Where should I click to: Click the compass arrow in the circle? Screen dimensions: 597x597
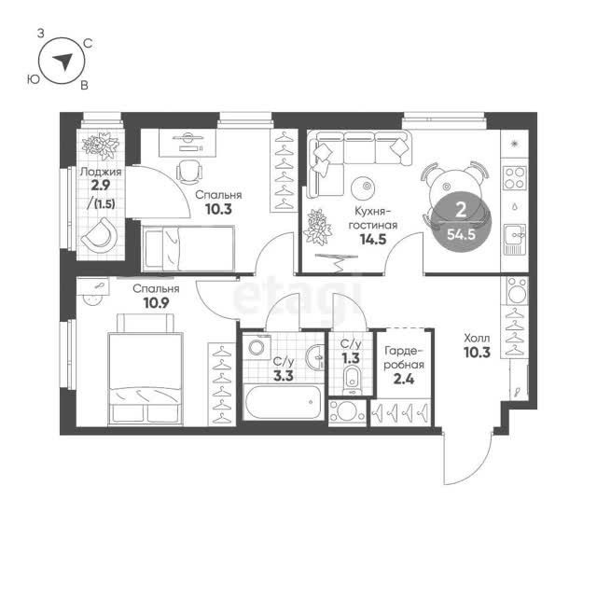tap(63, 62)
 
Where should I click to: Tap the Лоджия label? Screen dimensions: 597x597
tap(101, 172)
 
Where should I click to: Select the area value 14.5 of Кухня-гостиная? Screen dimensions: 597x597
tap(373, 239)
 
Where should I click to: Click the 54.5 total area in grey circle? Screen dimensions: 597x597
tap(461, 234)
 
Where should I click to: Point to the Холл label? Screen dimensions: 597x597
tap(477, 338)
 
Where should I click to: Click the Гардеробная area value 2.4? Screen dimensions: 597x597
tap(404, 379)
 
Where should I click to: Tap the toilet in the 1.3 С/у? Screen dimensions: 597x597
tap(351, 380)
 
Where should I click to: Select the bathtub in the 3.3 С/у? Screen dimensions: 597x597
tap(282, 402)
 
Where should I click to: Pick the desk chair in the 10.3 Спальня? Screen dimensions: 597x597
tap(189, 172)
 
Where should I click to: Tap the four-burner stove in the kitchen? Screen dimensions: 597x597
tap(514, 178)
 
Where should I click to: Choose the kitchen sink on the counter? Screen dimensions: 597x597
tap(514, 239)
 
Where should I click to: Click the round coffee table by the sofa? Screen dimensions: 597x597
tap(363, 187)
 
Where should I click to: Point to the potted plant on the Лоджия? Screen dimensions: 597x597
tap(101, 146)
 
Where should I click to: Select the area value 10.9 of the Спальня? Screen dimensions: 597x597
tap(156, 302)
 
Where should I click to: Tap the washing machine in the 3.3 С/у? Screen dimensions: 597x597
tap(257, 347)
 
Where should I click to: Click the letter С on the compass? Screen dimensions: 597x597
tap(88, 44)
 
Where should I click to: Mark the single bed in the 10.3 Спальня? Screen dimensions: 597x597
tap(187, 249)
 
